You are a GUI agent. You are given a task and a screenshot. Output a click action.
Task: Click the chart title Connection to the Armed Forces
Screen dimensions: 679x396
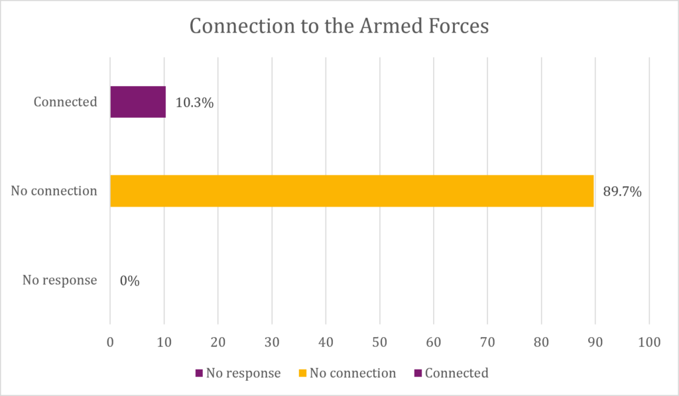pos(339,26)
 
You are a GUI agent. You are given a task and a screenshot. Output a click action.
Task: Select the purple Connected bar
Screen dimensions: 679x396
pos(138,102)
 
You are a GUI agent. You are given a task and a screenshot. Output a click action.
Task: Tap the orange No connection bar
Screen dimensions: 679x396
pos(352,191)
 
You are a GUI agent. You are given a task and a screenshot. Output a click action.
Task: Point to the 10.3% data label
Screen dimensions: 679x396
pos(194,103)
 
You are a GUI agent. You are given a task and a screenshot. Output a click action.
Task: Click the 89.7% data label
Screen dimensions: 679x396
pos(622,191)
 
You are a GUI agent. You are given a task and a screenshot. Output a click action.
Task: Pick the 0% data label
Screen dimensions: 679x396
pos(129,281)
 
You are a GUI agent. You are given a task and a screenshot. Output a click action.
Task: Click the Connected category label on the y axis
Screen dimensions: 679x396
pos(66,102)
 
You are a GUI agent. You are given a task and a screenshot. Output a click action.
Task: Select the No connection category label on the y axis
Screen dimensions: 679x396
pos(54,191)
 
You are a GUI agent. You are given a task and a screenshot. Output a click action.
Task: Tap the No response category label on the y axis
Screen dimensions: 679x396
pos(60,280)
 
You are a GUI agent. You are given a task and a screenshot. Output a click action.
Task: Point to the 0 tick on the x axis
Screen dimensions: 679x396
pos(111,342)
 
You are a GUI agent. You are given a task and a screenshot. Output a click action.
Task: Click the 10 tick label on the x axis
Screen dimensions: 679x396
pos(164,342)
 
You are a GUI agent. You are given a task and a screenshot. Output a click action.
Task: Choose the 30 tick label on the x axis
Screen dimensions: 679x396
pos(272,342)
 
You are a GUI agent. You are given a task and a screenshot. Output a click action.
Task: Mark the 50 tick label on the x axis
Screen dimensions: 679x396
pos(380,342)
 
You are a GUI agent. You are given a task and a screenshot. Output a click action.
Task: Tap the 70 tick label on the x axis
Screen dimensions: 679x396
pos(487,342)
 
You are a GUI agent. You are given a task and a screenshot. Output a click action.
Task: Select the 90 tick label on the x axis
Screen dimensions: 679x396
pos(595,342)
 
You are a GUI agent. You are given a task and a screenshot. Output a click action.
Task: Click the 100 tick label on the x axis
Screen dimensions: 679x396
pos(649,342)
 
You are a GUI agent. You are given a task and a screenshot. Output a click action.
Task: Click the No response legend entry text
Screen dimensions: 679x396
pos(243,373)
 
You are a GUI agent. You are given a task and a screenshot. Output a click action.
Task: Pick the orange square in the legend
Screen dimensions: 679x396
pos(302,373)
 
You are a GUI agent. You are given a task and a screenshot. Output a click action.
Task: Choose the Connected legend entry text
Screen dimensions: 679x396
pos(457,373)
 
